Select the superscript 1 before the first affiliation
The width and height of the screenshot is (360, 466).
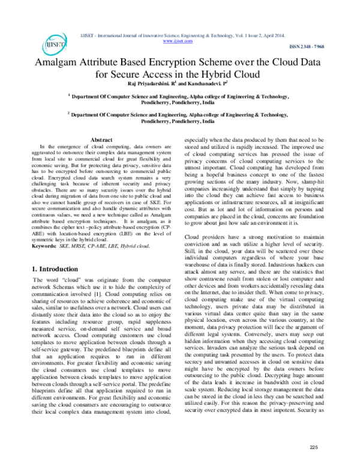pos(69,94)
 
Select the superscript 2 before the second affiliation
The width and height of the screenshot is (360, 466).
pos(69,112)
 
